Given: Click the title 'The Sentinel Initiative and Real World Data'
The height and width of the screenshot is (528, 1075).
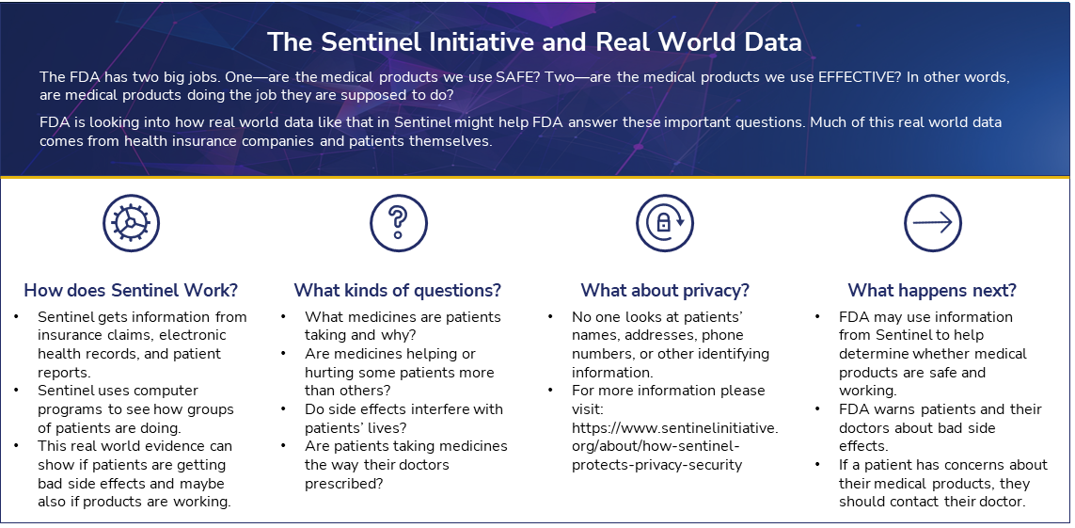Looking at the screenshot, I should point(534,42).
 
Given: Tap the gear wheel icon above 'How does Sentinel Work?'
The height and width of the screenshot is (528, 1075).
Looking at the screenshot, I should point(131,223).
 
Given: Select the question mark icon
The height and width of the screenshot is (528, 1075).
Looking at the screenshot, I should point(398,223).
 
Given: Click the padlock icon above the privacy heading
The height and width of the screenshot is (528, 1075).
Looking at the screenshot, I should point(664,223).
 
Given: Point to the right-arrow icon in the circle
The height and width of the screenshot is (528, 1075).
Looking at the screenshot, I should point(932,223).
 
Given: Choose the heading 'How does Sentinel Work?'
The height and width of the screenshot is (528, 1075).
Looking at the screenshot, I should point(131,290).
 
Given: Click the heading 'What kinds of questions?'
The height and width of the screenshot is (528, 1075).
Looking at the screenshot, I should point(398,290).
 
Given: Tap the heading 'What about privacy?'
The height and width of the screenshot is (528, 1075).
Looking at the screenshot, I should point(664,290).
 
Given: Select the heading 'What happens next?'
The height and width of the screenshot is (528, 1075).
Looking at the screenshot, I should point(932,290).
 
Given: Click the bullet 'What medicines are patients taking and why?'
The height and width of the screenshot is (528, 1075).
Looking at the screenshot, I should point(403,326).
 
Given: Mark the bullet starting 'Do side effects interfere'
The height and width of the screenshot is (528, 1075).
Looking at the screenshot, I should point(403,418).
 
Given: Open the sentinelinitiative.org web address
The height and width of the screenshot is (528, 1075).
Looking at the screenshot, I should point(674,446).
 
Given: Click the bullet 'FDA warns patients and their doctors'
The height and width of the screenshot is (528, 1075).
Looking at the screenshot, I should point(940,427).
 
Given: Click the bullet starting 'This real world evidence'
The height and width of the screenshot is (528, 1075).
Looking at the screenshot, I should point(135,473).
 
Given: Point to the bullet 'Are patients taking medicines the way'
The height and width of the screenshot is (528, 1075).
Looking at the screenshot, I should point(404,464).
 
